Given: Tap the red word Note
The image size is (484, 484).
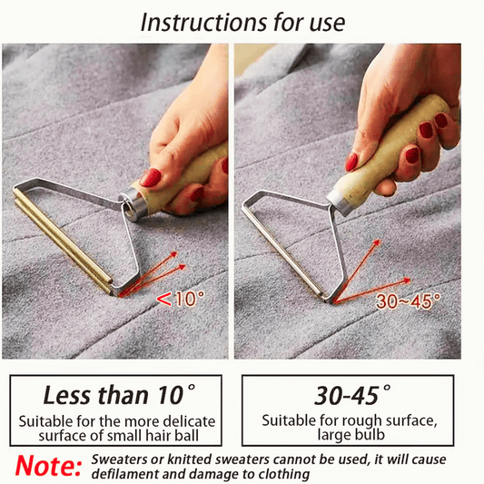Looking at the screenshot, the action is (x=48, y=466).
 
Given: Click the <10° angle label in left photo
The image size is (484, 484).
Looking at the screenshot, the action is (x=180, y=299).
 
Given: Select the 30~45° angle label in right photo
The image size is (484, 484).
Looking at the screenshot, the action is (x=408, y=301).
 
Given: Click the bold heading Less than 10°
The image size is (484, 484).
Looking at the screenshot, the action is (x=119, y=395).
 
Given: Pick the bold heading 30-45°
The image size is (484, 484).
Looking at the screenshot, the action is (x=352, y=395).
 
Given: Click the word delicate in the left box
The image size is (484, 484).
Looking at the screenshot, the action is (x=189, y=421).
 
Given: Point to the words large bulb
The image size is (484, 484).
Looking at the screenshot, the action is (x=351, y=435).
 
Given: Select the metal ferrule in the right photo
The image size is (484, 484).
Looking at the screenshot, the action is (x=339, y=202).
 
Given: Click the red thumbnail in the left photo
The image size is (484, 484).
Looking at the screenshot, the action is (x=151, y=177).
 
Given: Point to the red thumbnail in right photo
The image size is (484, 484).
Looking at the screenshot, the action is (x=351, y=162).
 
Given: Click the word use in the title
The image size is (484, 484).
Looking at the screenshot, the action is (x=327, y=23).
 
